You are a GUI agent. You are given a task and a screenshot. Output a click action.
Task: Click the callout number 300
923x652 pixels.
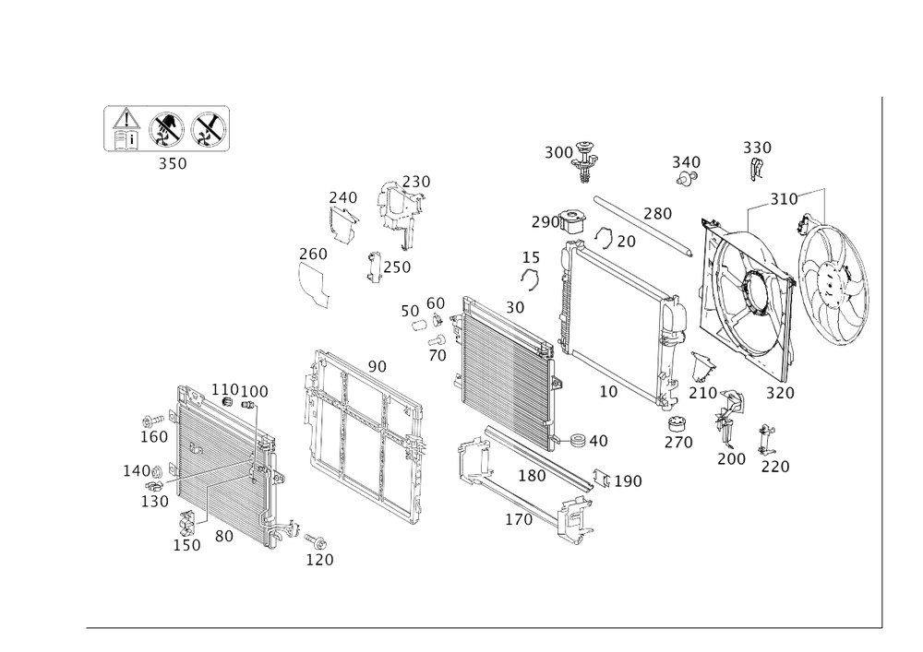(x=558, y=152)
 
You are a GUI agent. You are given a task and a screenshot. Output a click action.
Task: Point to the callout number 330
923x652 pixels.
(x=757, y=148)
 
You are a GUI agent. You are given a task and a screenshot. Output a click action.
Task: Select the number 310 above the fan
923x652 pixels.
(x=784, y=199)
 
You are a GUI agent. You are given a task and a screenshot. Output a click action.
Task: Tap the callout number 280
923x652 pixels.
(x=657, y=215)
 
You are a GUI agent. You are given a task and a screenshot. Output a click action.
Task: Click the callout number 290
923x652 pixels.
(x=545, y=222)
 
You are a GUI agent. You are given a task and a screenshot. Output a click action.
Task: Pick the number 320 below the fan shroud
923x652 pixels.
(x=781, y=393)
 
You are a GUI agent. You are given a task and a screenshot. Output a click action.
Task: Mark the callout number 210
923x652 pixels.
(x=702, y=394)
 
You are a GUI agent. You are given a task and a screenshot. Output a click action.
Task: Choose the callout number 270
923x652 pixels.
(x=678, y=442)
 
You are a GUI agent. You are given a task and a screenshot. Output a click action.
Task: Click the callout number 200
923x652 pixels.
(x=730, y=458)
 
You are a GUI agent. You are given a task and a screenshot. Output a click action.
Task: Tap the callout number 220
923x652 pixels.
(x=774, y=467)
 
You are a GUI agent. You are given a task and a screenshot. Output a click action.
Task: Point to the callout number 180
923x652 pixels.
(x=533, y=477)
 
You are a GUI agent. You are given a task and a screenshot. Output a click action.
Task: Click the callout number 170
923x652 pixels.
(x=519, y=521)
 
